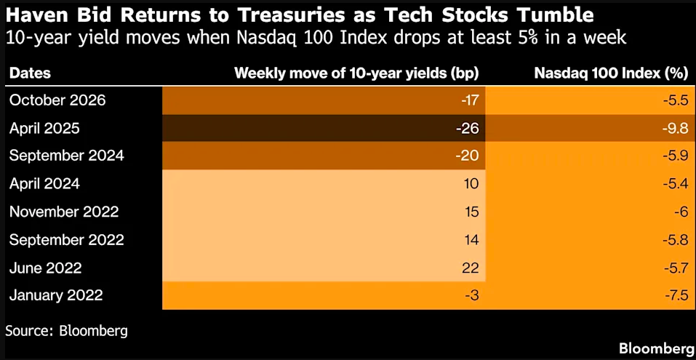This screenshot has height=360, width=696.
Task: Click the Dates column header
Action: pos(30,73)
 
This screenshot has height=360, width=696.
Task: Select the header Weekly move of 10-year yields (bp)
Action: pos(356,73)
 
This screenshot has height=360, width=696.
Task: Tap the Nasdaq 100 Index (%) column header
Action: pos(611,73)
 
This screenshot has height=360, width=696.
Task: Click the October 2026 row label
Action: pos(57,100)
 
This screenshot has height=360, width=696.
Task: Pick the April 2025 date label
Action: pos(44,129)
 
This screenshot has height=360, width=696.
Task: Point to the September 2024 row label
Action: pos(67,156)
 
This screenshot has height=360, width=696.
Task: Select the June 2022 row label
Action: pos(45,268)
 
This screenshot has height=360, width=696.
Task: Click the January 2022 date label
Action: pos(56,295)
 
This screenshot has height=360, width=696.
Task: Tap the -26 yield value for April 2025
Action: pos(468,129)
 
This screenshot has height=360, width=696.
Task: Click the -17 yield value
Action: pos(469,101)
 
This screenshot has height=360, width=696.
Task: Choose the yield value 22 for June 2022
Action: pos(471,268)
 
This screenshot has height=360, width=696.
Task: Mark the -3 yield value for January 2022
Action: pos(471,295)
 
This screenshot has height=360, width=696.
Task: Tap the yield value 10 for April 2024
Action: pos(471,184)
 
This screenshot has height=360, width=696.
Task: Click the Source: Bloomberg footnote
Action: pos(67,330)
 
